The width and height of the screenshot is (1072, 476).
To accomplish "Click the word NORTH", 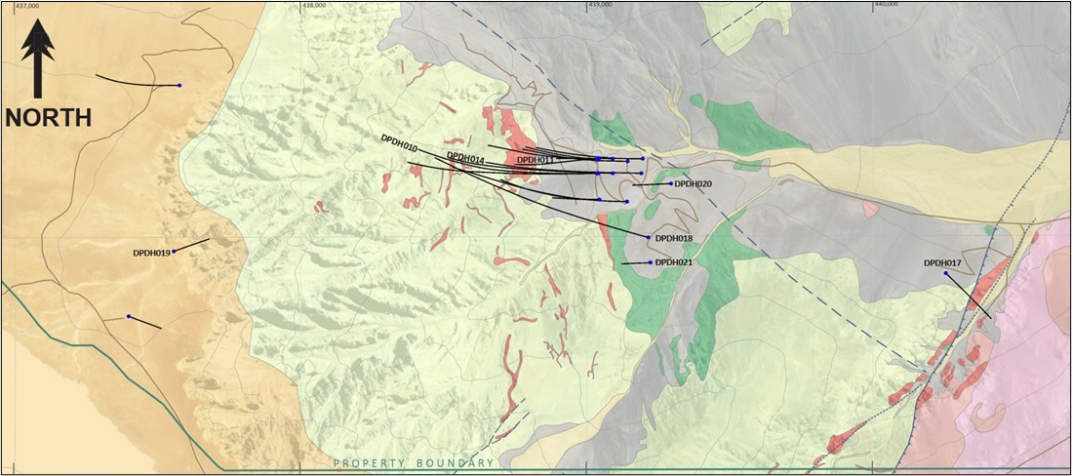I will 48,118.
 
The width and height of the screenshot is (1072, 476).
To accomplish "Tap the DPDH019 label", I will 151,253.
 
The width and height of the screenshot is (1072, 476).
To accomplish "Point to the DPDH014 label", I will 465,157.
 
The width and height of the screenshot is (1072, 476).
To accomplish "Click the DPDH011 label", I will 536,160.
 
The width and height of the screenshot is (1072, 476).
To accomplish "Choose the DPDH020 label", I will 694,183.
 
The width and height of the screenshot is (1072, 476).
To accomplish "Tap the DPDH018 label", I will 674,238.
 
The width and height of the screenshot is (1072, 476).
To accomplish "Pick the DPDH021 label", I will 674,262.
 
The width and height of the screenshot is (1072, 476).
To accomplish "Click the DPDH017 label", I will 943,262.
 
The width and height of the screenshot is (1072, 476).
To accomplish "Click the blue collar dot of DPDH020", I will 671,182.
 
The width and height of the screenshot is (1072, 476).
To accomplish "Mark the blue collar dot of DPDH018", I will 649,237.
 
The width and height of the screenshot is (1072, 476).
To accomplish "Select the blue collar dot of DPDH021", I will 650,261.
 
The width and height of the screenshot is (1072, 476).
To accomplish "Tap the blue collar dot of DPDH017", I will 946,274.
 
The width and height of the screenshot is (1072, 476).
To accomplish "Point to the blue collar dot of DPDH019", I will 174,251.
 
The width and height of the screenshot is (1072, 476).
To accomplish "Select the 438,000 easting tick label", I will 314,4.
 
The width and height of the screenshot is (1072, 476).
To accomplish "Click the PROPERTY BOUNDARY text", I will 414,463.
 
